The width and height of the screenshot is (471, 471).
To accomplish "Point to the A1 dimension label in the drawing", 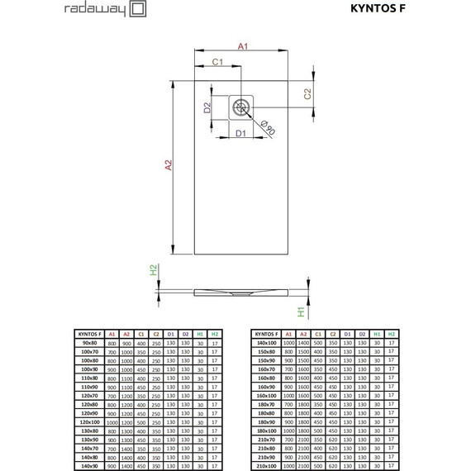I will click(243, 46).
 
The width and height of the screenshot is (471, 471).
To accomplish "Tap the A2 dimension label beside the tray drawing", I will click(169, 165).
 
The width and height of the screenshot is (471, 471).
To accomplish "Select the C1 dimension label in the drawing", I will click(216, 62).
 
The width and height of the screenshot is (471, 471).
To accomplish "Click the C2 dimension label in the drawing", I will click(307, 94).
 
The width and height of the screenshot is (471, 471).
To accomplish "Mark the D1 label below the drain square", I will click(240, 132).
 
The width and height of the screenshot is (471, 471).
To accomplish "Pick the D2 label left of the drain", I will click(208, 107).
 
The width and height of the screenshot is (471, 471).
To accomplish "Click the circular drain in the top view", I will click(240, 105).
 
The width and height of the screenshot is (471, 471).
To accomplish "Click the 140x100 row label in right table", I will click(265, 342).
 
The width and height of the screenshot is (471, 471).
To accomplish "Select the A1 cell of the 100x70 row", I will click(112, 350).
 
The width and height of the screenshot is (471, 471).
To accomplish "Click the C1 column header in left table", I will click(141, 333).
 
